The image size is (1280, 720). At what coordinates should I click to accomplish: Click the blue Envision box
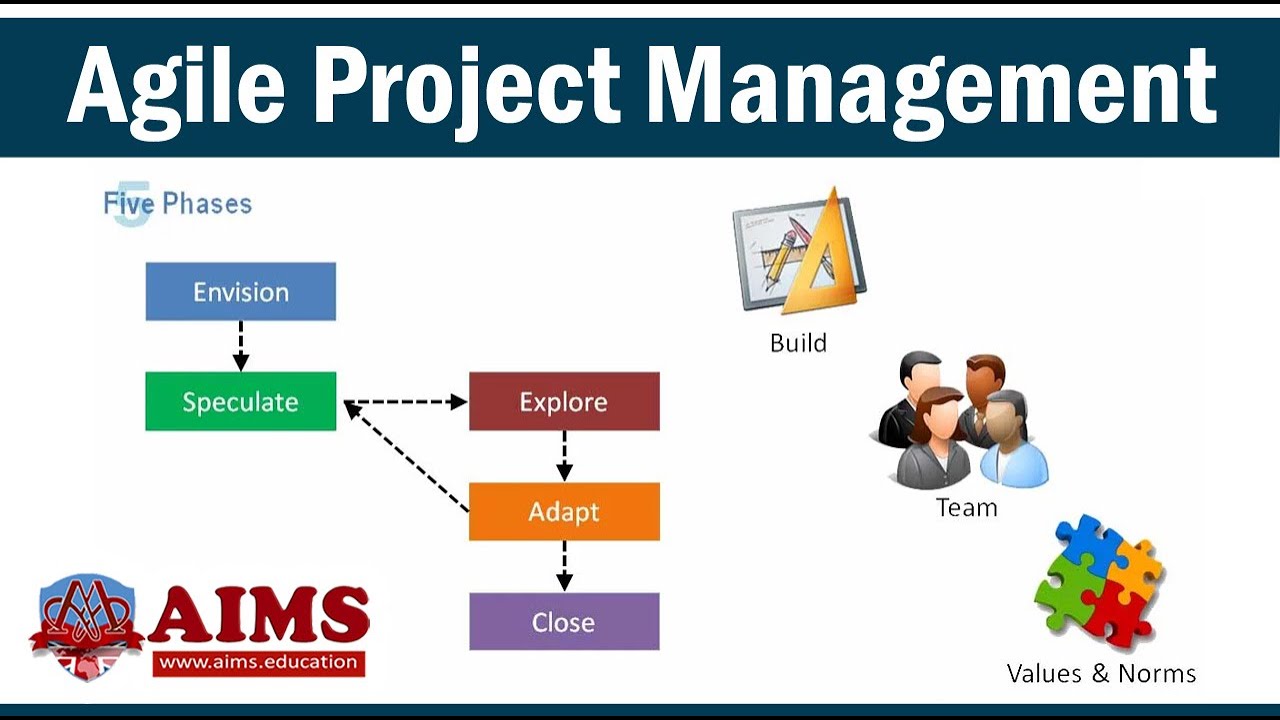coord(240,292)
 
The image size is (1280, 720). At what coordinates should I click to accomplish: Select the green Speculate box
coord(240,402)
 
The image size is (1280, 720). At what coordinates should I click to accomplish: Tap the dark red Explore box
coord(564,402)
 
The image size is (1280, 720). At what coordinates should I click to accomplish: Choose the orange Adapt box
coord(564,512)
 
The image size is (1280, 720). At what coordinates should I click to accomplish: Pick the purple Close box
coord(564,622)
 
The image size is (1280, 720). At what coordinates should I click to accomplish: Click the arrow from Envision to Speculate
coord(240,346)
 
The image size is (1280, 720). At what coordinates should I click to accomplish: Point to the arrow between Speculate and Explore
coord(405,402)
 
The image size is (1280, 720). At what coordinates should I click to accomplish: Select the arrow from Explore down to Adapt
coord(564,456)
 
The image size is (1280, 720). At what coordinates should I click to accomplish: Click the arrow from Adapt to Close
coord(564,566)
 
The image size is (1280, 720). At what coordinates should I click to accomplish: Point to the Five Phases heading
coord(178,204)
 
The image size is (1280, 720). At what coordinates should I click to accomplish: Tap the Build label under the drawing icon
coord(798,343)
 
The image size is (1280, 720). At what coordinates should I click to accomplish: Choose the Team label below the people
coord(966,508)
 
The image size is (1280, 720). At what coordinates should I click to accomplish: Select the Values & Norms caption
coord(1101,673)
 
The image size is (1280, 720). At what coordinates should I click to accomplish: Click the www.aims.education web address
coord(258,661)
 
